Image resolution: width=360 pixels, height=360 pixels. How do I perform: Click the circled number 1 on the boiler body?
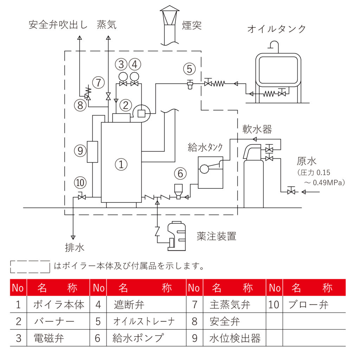[x=121, y=164]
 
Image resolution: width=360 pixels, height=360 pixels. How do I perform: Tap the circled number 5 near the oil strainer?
[x=189, y=69]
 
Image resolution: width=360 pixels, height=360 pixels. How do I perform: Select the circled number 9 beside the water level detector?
[x=80, y=151]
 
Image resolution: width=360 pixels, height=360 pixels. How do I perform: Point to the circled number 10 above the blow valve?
[x=80, y=183]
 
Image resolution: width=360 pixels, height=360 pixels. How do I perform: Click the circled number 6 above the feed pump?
[x=180, y=173]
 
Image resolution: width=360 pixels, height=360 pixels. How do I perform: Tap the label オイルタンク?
[x=277, y=29]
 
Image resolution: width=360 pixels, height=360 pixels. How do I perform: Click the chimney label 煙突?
[x=192, y=25]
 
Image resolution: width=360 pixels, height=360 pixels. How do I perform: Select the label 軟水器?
[x=257, y=129]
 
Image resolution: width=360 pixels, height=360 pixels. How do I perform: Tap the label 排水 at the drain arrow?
[x=75, y=247]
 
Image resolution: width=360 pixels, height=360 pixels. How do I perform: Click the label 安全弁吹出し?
[x=58, y=25]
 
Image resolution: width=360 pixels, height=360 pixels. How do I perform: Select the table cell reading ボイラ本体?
[x=59, y=304]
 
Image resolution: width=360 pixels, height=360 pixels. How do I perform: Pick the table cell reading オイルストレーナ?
[x=144, y=321]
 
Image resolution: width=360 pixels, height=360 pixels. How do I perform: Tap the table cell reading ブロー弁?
[x=308, y=304]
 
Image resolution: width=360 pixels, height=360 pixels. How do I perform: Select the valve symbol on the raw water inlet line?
[x=291, y=192]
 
